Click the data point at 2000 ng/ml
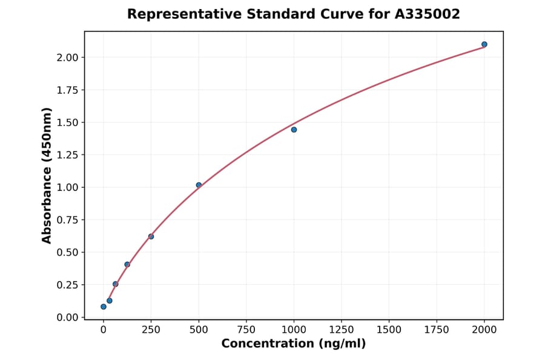point(484,44)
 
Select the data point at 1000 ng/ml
point(294,130)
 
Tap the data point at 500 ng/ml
point(199,185)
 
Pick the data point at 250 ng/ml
point(151,236)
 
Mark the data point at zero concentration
point(104,307)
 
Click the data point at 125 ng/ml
point(127,264)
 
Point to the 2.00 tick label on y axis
point(67,58)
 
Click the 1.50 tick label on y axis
point(67,122)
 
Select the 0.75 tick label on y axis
point(67,220)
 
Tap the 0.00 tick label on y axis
point(67,318)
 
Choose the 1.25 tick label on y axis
point(67,155)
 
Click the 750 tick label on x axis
point(246,330)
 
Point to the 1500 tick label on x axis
point(389,330)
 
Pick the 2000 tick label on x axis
point(484,330)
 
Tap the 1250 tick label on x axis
point(341,330)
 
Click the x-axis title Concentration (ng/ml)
point(294,344)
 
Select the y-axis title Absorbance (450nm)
point(47,175)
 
